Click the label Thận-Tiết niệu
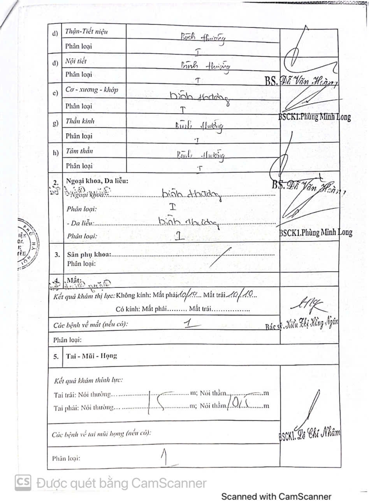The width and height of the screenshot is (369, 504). pos(86,31)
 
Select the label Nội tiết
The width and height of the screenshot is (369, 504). pos(76,61)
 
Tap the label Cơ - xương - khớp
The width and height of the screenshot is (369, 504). pos(91,89)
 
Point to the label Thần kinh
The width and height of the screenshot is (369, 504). pos(80,121)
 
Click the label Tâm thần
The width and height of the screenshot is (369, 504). pos(79,151)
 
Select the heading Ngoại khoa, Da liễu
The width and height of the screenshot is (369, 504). pos(97,181)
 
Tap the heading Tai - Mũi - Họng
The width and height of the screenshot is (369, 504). pos(91,356)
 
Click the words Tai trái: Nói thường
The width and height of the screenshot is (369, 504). pos(83,395)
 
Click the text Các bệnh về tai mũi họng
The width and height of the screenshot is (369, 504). pos(102,433)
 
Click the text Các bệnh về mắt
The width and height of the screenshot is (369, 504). pos(91,324)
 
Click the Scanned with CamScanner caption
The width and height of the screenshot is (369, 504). pos(276,497)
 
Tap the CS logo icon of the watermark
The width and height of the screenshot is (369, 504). pos(23,483)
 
